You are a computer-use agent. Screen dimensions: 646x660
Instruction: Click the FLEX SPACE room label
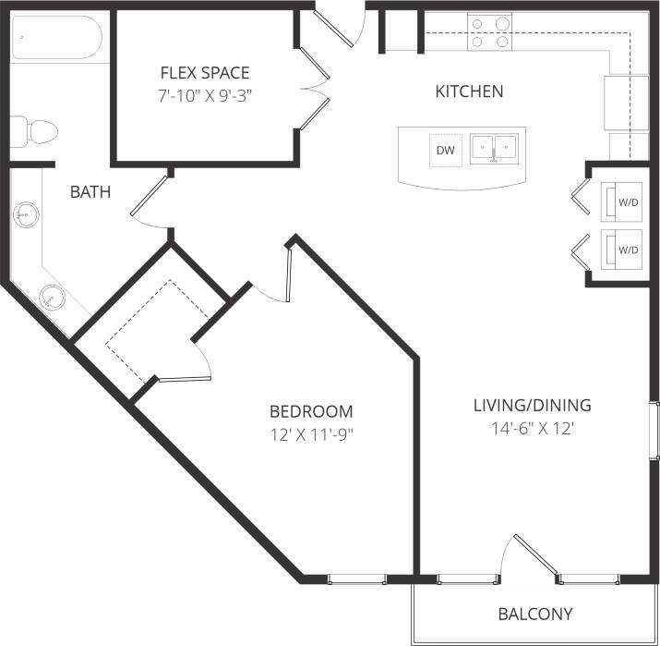pyautogui.click(x=205, y=73)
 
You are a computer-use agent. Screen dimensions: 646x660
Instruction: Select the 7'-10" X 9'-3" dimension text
pyautogui.click(x=205, y=95)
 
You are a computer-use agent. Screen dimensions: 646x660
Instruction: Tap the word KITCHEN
pyautogui.click(x=469, y=91)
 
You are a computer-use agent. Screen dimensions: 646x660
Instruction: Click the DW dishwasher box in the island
pyautogui.click(x=446, y=151)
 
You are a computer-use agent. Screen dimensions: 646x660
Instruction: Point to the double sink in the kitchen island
pyautogui.click(x=494, y=148)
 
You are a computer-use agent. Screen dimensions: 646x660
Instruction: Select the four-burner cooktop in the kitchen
pyautogui.click(x=490, y=32)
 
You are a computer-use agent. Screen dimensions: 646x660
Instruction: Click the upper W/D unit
pyautogui.click(x=623, y=201)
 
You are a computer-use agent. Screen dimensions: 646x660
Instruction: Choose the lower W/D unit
pyautogui.click(x=623, y=250)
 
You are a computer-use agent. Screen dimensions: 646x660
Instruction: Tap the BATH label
pyautogui.click(x=90, y=192)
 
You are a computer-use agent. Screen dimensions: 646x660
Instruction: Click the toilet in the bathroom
pyautogui.click(x=34, y=131)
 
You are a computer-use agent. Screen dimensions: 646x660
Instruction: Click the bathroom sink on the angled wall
pyautogui.click(x=53, y=297)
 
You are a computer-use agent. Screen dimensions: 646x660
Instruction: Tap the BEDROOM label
pyautogui.click(x=311, y=411)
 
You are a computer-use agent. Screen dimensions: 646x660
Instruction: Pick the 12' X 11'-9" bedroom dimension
pyautogui.click(x=311, y=434)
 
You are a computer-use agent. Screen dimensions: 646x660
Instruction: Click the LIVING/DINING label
pyautogui.click(x=532, y=405)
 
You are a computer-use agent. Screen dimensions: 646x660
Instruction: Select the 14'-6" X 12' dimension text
pyautogui.click(x=532, y=428)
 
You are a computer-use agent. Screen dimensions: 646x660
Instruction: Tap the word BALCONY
pyautogui.click(x=535, y=614)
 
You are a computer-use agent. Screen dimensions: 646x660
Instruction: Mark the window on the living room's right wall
pyautogui.click(x=654, y=430)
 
